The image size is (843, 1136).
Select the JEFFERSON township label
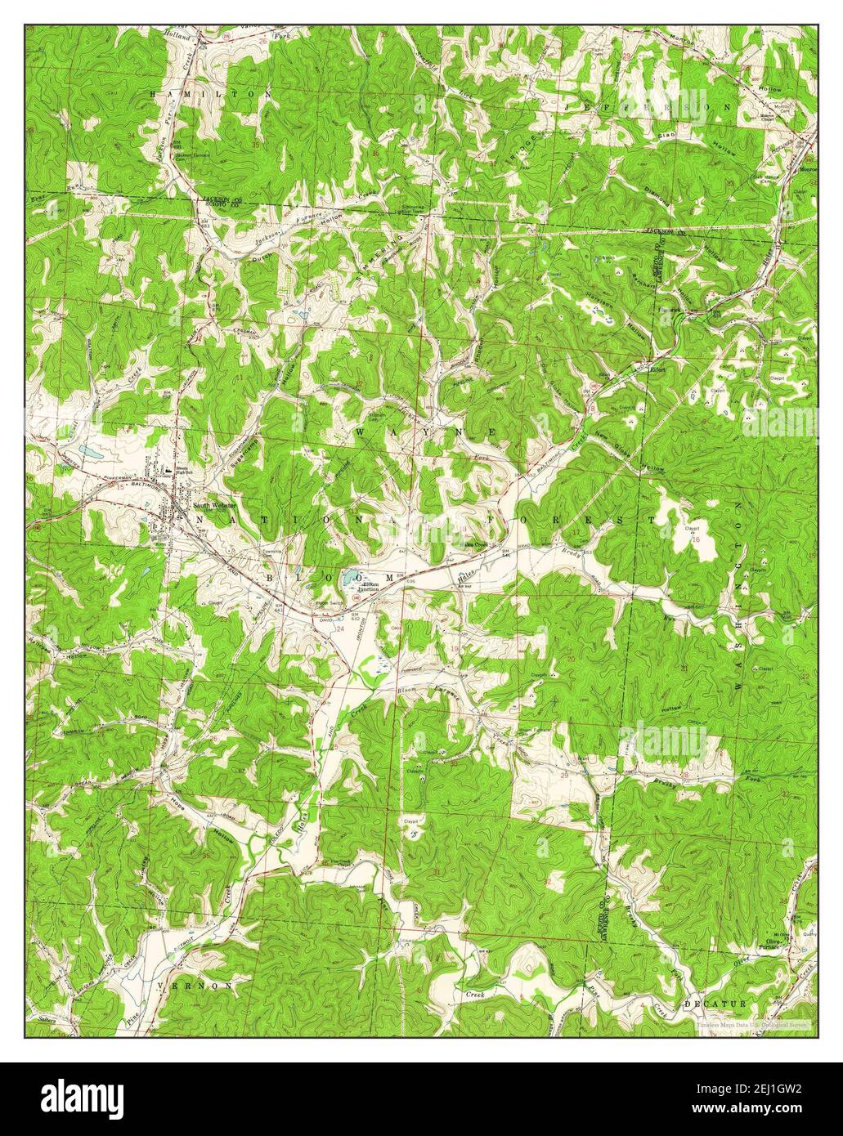pyautogui.click(x=646, y=108)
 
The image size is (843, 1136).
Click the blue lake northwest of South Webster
pyautogui.click(x=87, y=451)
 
